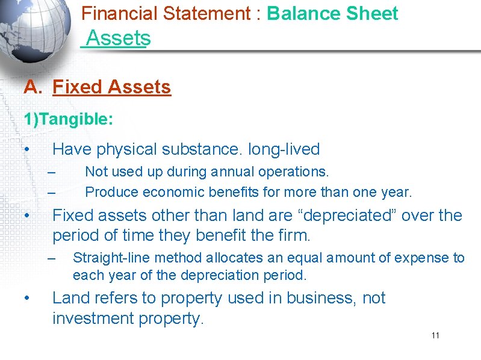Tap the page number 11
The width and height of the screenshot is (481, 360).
click(x=435, y=335)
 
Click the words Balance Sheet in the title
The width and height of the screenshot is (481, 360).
click(x=332, y=13)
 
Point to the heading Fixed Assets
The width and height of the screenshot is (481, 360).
click(x=112, y=87)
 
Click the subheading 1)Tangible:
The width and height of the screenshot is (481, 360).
click(x=68, y=119)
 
